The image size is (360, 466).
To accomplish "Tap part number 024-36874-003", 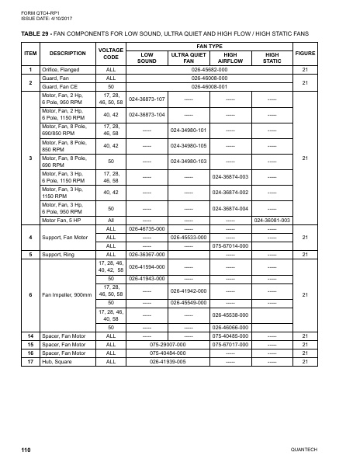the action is click(230, 176).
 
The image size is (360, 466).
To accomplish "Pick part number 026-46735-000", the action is click(147, 229).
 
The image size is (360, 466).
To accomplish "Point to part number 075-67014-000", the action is click(230, 245).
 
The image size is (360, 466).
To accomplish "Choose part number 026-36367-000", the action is click(147, 253).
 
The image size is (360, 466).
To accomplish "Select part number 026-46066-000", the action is click(230, 327).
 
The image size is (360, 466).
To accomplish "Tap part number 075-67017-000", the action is click(230, 344).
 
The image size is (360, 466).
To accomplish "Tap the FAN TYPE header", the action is click(209, 46).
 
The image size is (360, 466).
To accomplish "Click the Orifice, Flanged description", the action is click(61, 70).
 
